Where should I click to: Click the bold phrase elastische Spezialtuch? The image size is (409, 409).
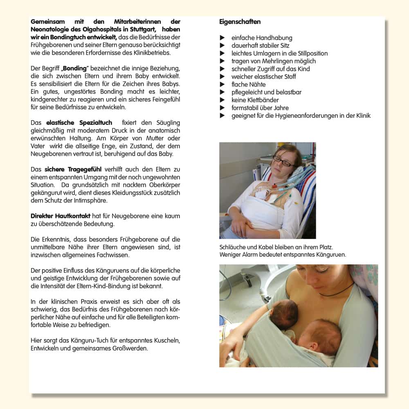click(78, 123)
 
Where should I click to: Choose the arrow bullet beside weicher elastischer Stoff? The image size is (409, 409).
click(222, 76)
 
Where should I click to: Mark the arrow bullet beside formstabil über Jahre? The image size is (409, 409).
click(222, 108)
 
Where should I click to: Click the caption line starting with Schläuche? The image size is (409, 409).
click(276, 247)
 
